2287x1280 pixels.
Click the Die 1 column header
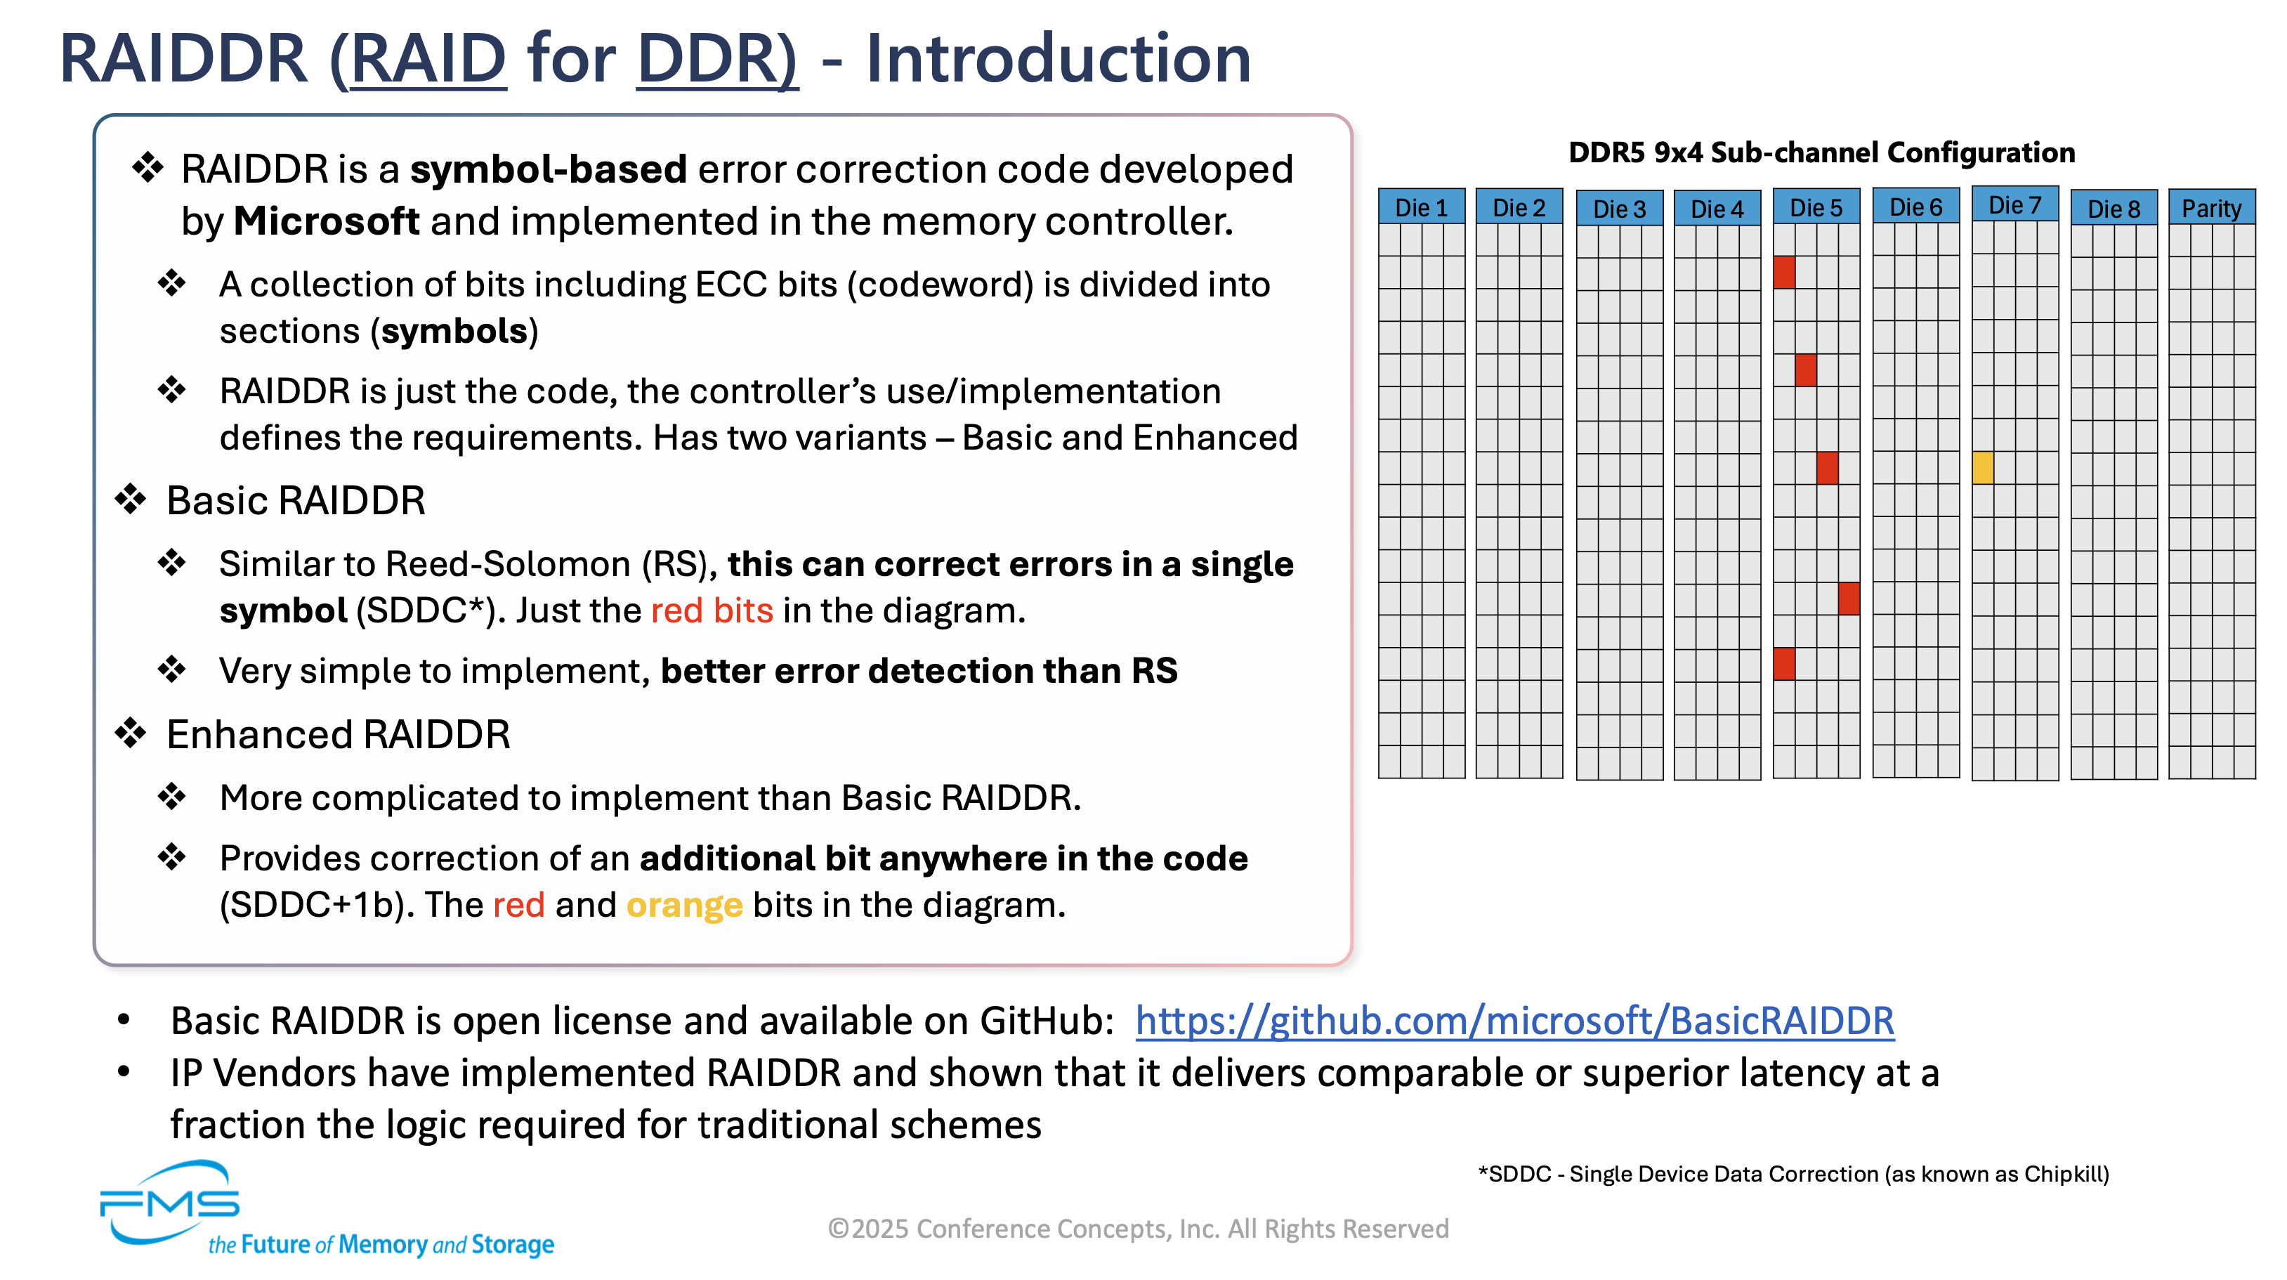[x=1422, y=207]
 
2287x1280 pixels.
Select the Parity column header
[x=2212, y=208]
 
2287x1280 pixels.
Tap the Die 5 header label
[x=1816, y=207]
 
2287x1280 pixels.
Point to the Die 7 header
[x=2014, y=204]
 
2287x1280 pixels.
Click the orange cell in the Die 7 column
[x=1982, y=467]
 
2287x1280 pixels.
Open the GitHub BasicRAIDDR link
[x=1514, y=1021]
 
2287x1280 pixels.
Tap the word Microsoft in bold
[x=326, y=221]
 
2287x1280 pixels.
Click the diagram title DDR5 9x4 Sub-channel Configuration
[x=1822, y=152]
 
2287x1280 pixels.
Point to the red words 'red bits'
[x=712, y=611]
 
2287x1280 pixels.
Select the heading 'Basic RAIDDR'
[x=296, y=501]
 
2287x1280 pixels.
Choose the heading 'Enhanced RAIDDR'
[x=339, y=735]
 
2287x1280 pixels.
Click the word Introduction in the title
[x=1059, y=58]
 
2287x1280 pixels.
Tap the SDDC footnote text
[x=1793, y=1175]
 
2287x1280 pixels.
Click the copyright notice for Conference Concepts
[x=1138, y=1229]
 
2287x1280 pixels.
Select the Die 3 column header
[x=1619, y=209]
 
